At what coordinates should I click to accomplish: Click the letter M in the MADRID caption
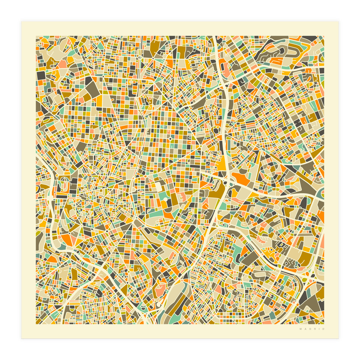pyautogui.click(x=300, y=329)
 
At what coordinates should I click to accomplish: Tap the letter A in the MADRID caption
pyautogui.click(x=305, y=329)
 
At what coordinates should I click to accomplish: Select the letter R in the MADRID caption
pyautogui.click(x=314, y=329)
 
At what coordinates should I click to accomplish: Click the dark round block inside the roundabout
pyautogui.click(x=215, y=131)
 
